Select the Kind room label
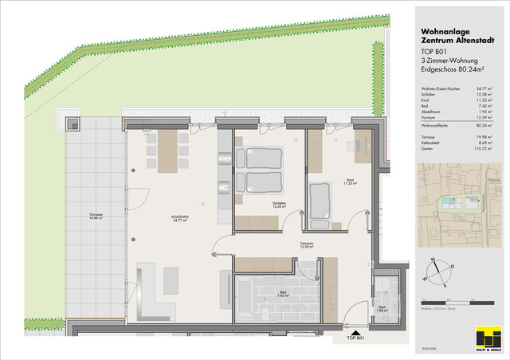click(x=349, y=182)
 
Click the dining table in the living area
click(x=168, y=151)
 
